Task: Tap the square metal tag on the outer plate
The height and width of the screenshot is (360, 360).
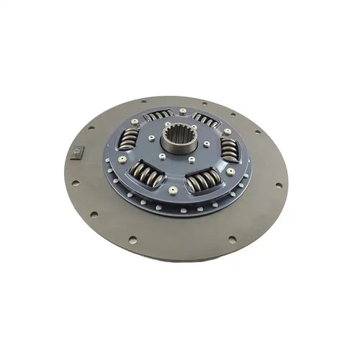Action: click(x=78, y=152)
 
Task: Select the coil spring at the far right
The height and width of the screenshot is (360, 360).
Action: click(x=229, y=149)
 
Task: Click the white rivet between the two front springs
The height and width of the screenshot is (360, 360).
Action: click(x=173, y=191)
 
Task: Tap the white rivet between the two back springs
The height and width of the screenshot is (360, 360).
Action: click(x=183, y=111)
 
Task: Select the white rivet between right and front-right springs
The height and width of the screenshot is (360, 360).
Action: click(x=230, y=172)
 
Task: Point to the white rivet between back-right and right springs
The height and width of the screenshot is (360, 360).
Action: click(x=228, y=132)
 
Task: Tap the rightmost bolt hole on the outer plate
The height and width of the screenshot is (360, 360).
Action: click(x=278, y=185)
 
